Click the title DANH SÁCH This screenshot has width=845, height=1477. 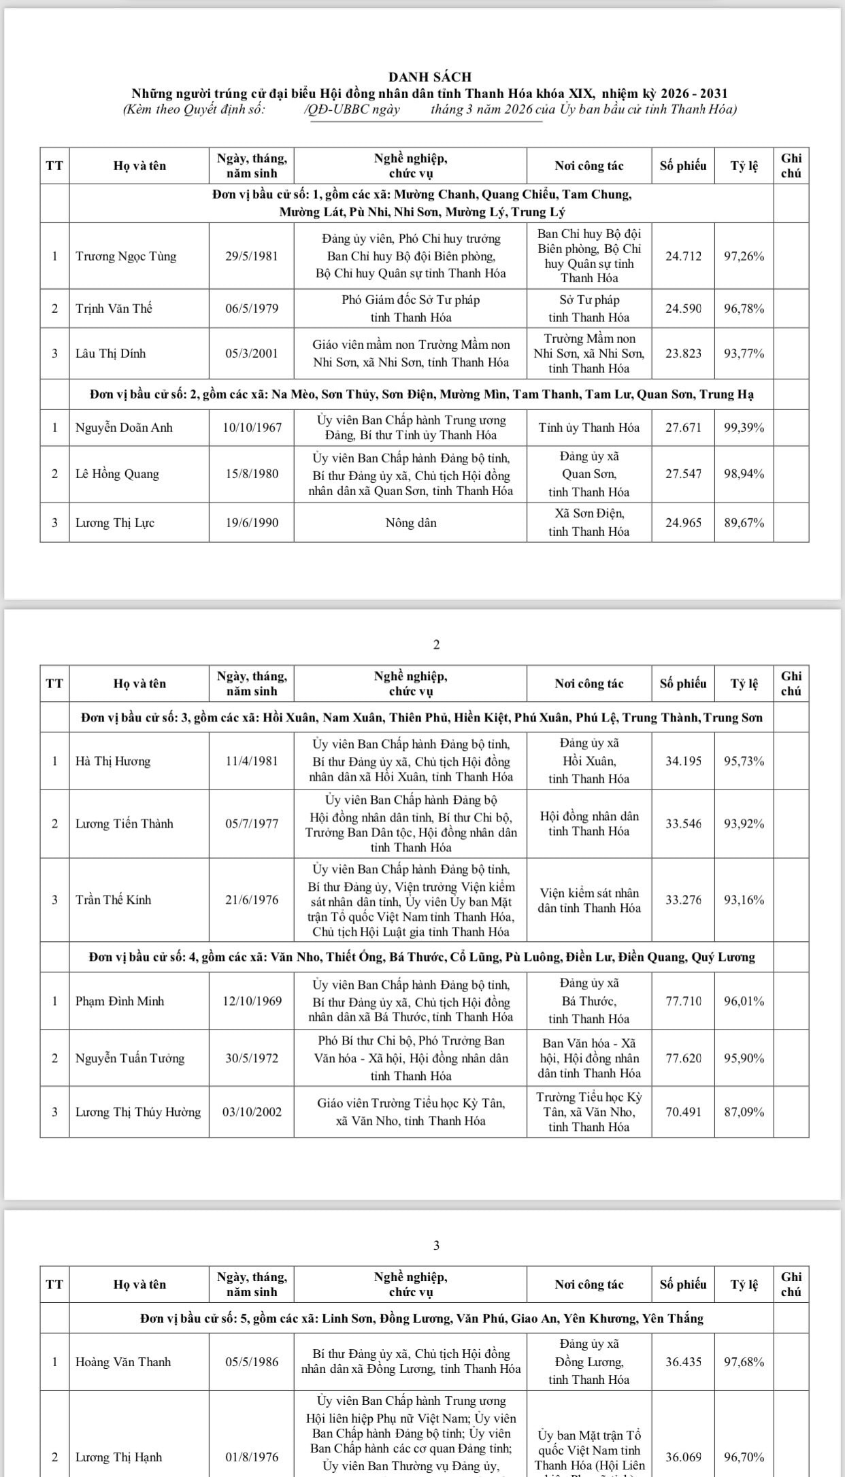pyautogui.click(x=429, y=78)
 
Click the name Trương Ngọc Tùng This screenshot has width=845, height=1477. pyautogui.click(x=125, y=256)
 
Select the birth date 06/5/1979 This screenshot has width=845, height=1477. pyautogui.click(x=252, y=309)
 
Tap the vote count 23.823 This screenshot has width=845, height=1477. pyautogui.click(x=682, y=354)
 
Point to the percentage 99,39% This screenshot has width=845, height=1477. pyautogui.click(x=744, y=428)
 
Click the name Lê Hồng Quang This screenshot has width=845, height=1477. pyautogui.click(x=117, y=474)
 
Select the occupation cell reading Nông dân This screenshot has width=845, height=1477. pyautogui.click(x=411, y=523)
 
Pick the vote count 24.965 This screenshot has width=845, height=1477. pyautogui.click(x=682, y=523)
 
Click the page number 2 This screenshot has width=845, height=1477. pyautogui.click(x=436, y=645)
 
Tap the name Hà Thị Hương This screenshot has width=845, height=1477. pyautogui.click(x=113, y=761)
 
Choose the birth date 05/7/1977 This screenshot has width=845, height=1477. pyautogui.click(x=252, y=824)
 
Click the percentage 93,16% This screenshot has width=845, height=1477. pyautogui.click(x=744, y=900)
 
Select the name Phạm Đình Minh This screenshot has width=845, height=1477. pyautogui.click(x=119, y=1001)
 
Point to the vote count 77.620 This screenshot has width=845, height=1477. pyautogui.click(x=682, y=1058)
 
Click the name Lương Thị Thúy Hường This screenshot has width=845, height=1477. pyautogui.click(x=138, y=1112)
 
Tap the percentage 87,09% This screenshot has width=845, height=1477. pyautogui.click(x=744, y=1112)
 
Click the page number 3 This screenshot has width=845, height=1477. pyautogui.click(x=436, y=1245)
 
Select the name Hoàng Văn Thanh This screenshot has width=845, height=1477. pyautogui.click(x=123, y=1362)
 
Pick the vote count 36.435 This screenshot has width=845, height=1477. pyautogui.click(x=682, y=1362)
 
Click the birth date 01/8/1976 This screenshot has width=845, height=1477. pyautogui.click(x=252, y=1457)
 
